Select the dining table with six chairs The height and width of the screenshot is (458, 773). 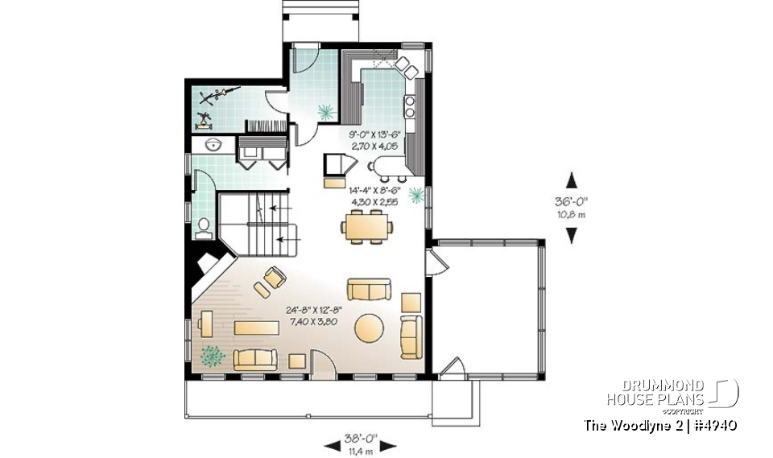367,226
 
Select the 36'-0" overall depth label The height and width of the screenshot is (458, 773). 572,204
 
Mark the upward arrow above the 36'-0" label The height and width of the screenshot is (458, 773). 572,179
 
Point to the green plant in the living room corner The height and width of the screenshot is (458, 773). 212,355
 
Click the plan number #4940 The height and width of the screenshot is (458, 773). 712,425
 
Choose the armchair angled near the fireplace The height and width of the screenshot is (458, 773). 274,277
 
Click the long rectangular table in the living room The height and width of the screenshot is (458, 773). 257,328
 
